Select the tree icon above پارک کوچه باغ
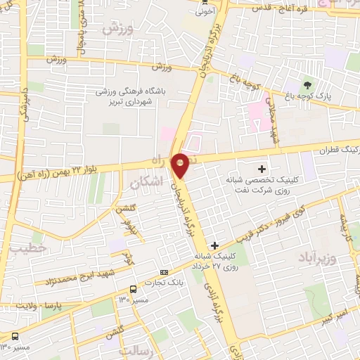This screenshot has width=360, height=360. point(305,84)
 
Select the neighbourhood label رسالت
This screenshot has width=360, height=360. point(137,349)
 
